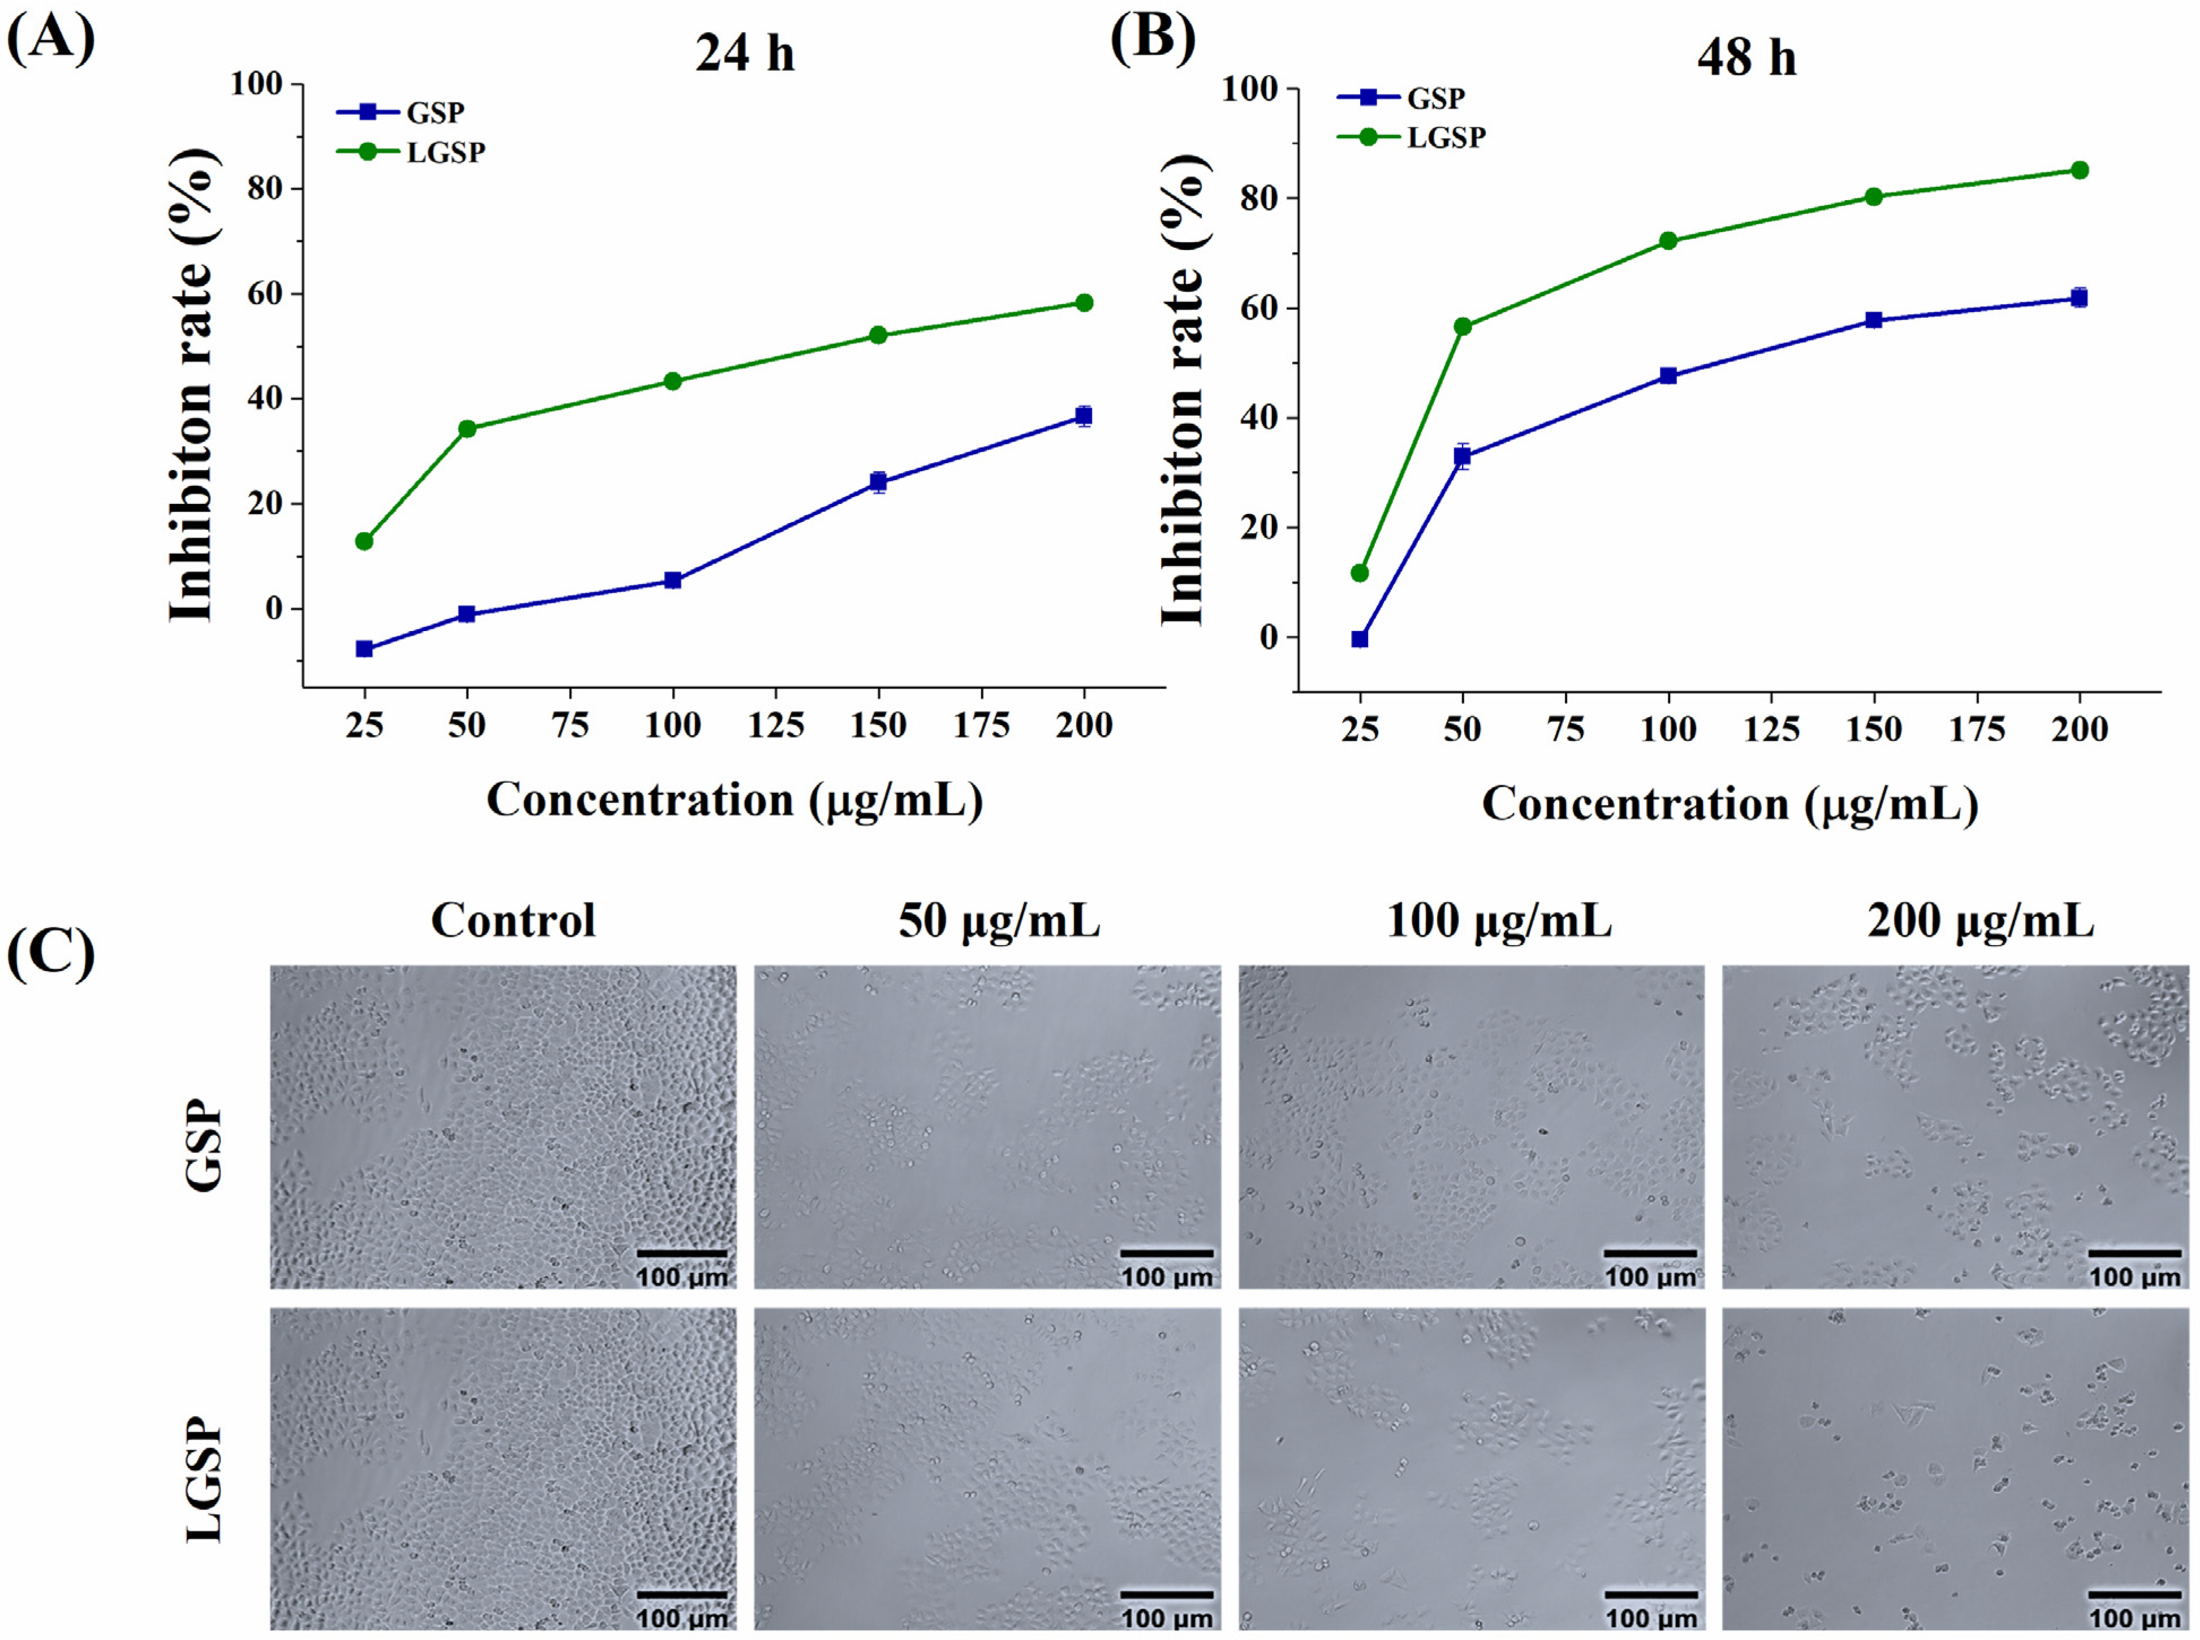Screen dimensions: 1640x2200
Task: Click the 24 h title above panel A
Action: click(x=745, y=53)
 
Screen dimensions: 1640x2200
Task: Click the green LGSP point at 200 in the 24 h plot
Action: click(x=1084, y=303)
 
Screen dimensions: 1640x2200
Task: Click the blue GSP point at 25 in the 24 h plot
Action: click(x=364, y=649)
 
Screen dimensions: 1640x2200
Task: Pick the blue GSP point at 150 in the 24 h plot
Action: click(x=878, y=482)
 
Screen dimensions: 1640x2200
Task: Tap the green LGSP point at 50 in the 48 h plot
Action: click(x=1463, y=327)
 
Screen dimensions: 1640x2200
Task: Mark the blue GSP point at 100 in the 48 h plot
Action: click(x=1668, y=376)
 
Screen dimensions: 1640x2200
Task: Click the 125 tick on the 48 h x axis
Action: click(x=1771, y=730)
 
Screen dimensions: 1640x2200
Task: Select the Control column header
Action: click(x=514, y=920)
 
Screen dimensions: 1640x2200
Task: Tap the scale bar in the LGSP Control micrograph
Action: click(x=682, y=1594)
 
